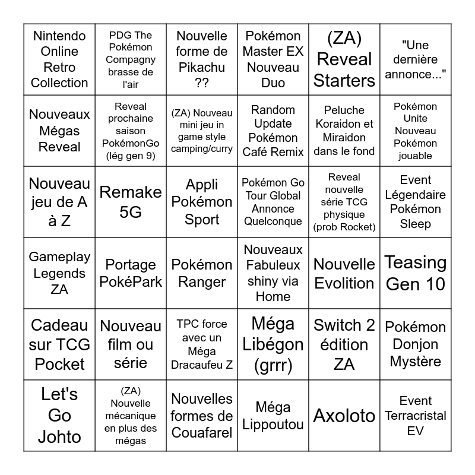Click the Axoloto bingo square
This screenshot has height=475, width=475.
coord(344,416)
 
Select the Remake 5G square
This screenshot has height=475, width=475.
coord(131,202)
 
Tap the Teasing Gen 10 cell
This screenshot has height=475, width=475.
coord(416,273)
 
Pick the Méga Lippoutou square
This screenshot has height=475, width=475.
coord(273,416)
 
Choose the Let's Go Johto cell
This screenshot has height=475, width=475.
coord(59,416)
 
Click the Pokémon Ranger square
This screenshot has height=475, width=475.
coord(202,273)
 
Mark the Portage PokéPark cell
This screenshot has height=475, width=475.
coord(131,273)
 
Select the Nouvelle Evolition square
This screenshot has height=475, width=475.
coord(344,273)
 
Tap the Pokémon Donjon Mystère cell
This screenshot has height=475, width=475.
coord(416,344)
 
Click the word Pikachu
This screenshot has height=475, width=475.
coord(202,68)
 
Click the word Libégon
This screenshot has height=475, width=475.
coord(273,344)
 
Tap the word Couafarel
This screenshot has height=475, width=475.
coord(202,432)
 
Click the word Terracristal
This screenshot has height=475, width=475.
coord(416,416)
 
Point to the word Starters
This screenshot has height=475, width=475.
coord(344,81)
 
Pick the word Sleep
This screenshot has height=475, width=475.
coord(416,224)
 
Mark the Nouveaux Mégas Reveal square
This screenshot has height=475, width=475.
coord(59,131)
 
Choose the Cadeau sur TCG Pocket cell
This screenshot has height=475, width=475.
coord(59,344)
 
